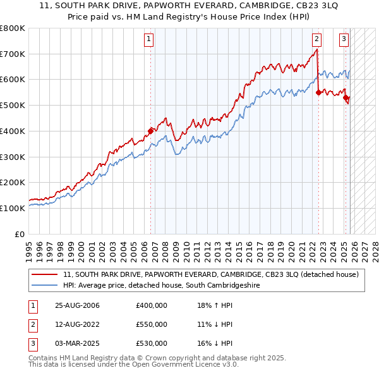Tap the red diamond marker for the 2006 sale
[151, 131]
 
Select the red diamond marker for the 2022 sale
[318, 92]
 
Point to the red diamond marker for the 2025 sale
[346, 97]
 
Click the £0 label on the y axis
[19, 234]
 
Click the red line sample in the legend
[45, 274]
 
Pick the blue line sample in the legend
[45, 286]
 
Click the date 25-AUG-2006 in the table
[77, 305]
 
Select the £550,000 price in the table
[152, 324]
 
